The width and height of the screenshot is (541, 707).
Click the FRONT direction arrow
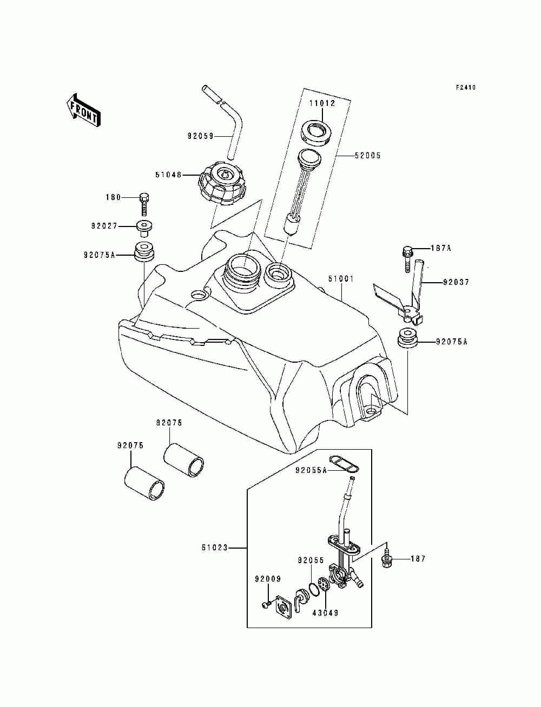83,110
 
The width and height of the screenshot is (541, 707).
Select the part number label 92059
201,136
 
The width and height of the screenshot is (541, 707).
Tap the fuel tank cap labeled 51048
222,184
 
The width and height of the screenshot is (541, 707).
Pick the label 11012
322,103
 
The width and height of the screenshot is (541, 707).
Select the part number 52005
367,156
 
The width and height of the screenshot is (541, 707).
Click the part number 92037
456,283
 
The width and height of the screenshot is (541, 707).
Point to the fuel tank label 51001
341,278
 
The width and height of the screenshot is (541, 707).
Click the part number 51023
215,548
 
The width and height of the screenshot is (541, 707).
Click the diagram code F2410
466,87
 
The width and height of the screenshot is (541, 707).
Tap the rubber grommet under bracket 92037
407,338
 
